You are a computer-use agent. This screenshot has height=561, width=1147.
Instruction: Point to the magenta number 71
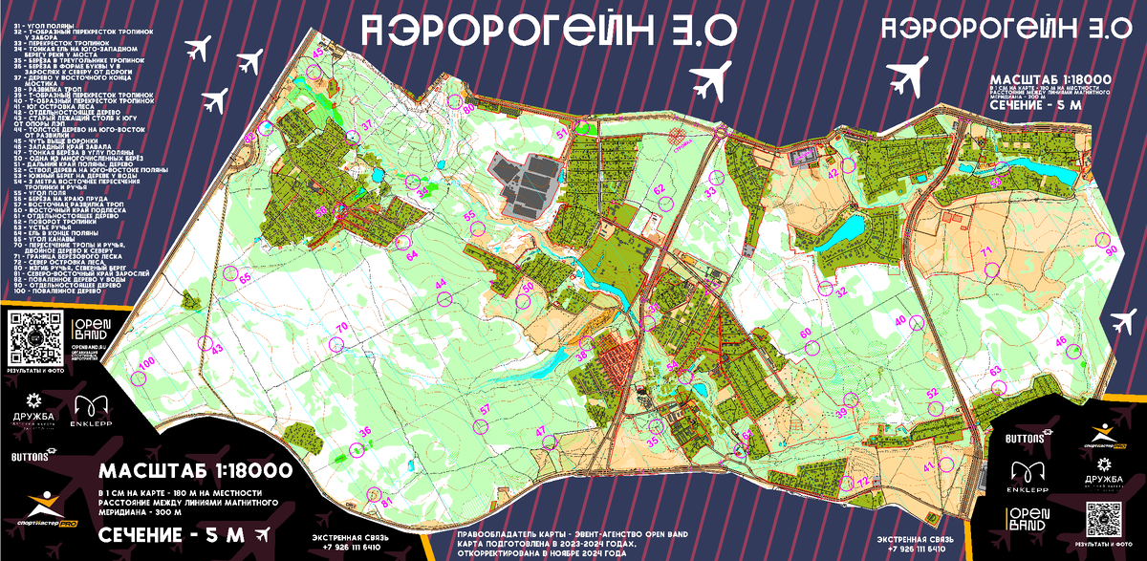click(985, 251)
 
